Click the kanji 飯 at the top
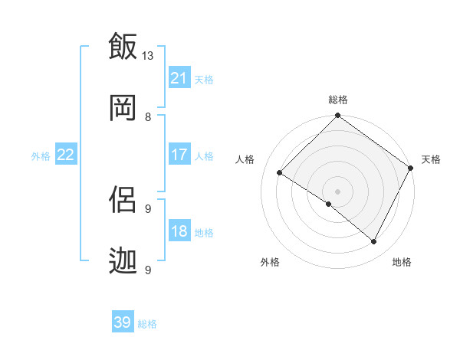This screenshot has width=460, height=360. click(x=123, y=47)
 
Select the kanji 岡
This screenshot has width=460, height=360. click(x=123, y=108)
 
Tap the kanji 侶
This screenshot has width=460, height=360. click(x=123, y=200)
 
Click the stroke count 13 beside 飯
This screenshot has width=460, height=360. click(x=148, y=55)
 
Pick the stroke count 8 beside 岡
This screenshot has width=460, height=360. click(x=148, y=116)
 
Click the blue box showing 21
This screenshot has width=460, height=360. click(x=179, y=78)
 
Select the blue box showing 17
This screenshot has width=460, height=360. click(x=179, y=155)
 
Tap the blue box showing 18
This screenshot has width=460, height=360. click(x=179, y=232)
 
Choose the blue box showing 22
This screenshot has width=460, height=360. click(x=65, y=155)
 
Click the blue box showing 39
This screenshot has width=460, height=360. click(x=123, y=322)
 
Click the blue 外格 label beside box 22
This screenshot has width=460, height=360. click(x=41, y=155)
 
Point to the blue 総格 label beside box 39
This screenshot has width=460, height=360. click(x=147, y=324)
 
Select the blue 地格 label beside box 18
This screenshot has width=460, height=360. click(x=204, y=233)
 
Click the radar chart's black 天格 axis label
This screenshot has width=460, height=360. click(x=431, y=159)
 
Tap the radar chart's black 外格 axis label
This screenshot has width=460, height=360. click(x=270, y=262)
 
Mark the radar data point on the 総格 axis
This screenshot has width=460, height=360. click(x=337, y=116)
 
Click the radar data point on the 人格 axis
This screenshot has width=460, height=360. click(x=280, y=173)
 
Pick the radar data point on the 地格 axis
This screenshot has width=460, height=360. click(x=374, y=242)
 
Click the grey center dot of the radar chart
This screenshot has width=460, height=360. click(x=337, y=191)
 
